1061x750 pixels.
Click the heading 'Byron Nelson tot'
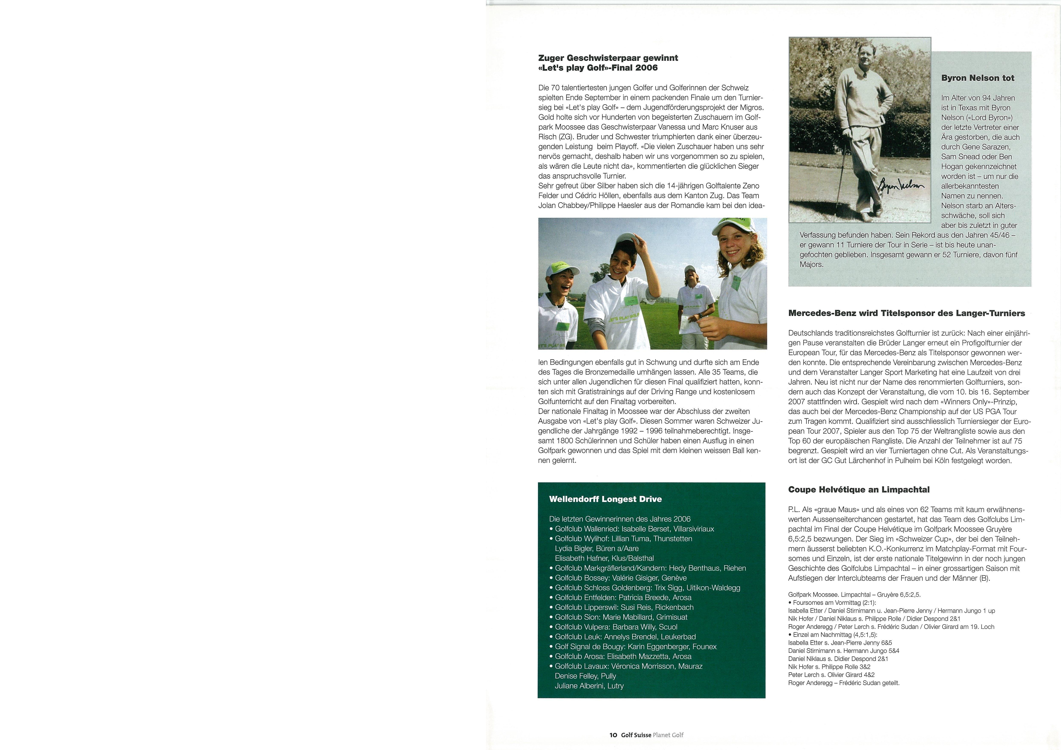(977, 78)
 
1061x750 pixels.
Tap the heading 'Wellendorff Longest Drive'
(605, 499)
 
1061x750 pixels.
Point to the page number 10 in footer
(613, 735)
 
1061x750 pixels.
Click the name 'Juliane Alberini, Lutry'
(589, 686)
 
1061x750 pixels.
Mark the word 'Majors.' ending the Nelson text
(812, 264)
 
